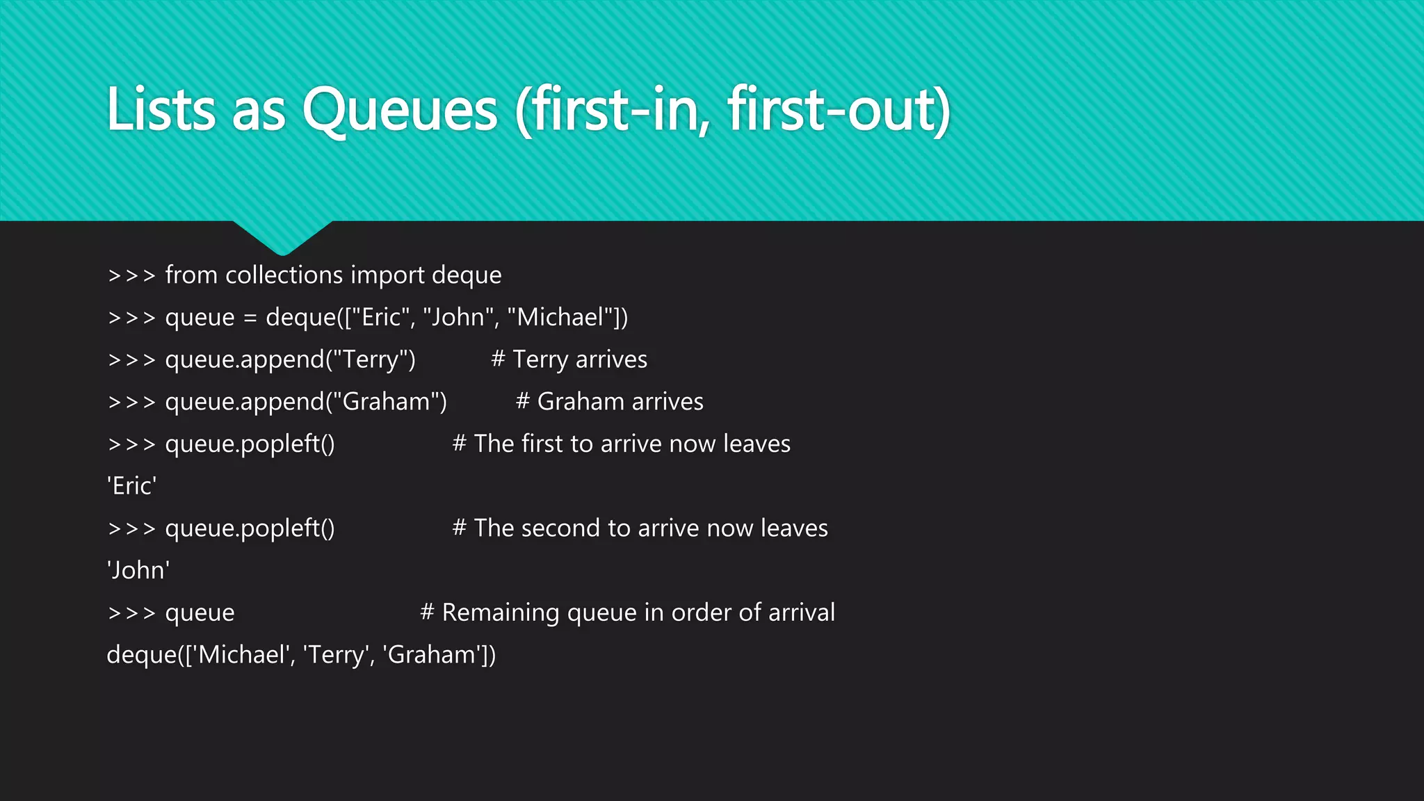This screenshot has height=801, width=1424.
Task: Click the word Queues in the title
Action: pos(400,110)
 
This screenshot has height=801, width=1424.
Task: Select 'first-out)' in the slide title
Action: pos(839,110)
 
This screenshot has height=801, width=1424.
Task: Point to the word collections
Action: pos(284,275)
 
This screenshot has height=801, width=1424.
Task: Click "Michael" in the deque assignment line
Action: pos(560,317)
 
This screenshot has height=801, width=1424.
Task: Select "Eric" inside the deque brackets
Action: pos(381,317)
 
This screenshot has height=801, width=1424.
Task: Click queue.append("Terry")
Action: pos(290,359)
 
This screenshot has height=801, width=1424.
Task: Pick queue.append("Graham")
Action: pos(306,402)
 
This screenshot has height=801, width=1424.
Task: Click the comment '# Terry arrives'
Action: pos(569,359)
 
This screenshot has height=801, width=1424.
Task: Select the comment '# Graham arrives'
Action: pos(609,402)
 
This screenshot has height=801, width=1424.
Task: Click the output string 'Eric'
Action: pos(131,486)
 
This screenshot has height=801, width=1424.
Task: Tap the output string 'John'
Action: pos(138,570)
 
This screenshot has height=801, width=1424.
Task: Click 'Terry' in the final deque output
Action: pos(337,655)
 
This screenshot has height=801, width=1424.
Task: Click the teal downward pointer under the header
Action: pos(282,237)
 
